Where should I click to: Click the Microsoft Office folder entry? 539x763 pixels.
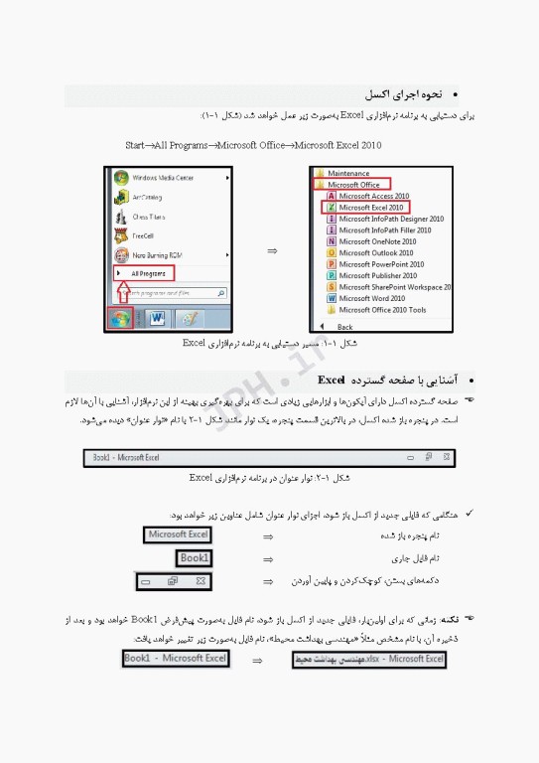pyautogui.click(x=353, y=185)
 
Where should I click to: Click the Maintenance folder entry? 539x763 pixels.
pyautogui.click(x=348, y=173)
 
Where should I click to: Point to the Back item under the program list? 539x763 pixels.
pyautogui.click(x=344, y=326)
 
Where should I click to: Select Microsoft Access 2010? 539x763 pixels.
pyautogui.click(x=373, y=196)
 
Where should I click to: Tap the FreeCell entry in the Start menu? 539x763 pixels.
pyautogui.click(x=144, y=236)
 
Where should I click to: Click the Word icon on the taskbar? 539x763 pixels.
pyautogui.click(x=157, y=319)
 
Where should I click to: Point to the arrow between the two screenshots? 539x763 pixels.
pyautogui.click(x=272, y=250)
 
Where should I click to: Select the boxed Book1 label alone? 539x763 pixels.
pyautogui.click(x=195, y=558)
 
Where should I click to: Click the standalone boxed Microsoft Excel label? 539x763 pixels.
pyautogui.click(x=179, y=535)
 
